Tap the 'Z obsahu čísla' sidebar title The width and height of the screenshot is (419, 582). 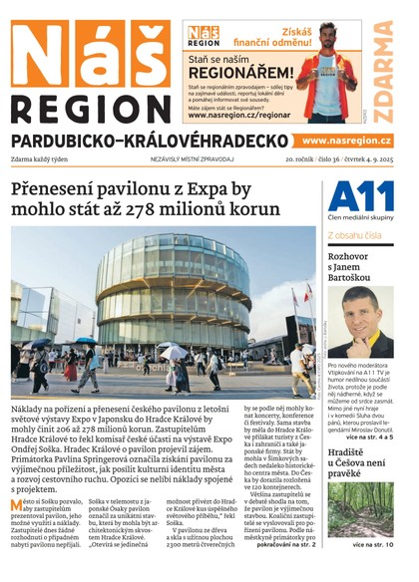point(354,236)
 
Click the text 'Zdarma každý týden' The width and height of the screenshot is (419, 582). point(41,158)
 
